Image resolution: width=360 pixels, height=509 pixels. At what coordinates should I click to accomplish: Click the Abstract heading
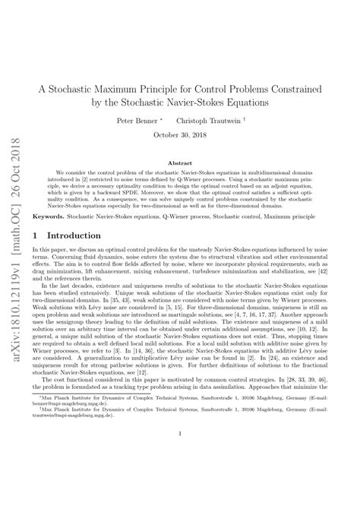click(180, 163)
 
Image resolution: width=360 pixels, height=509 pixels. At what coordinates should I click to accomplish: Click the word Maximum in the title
click(143, 88)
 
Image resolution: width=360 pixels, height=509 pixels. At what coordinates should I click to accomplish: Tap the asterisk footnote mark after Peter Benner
click(162, 119)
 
